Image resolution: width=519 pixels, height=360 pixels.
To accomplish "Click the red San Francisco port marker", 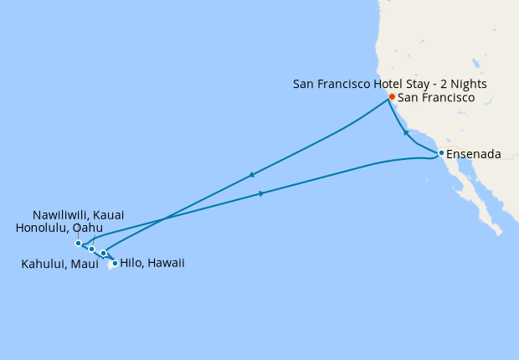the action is coord(391,98).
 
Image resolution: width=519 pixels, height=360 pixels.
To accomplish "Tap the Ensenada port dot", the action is coord(440,152).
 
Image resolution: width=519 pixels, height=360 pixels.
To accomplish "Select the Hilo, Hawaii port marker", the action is coord(115,264).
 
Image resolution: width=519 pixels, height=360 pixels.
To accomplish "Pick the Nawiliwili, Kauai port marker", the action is coord(78,244).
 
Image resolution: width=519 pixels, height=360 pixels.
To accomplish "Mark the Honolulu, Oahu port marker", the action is coord(91,249).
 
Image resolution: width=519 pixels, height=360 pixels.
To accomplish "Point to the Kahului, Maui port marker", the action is coord(103,253).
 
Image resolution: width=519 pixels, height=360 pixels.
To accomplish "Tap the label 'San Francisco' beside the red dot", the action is coord(436,98).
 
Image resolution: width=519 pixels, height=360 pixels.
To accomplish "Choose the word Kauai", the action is coord(108,215).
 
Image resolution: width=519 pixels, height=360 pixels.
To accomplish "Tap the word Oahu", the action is coord(87,228).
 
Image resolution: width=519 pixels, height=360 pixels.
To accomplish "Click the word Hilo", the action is coord(131,264).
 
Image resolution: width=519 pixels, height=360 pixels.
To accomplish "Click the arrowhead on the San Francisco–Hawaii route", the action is coord(251,176).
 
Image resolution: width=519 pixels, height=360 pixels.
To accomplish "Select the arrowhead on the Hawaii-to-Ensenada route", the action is coord(262,194).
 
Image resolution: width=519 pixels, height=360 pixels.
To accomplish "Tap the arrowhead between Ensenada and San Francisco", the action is coord(406,132).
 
